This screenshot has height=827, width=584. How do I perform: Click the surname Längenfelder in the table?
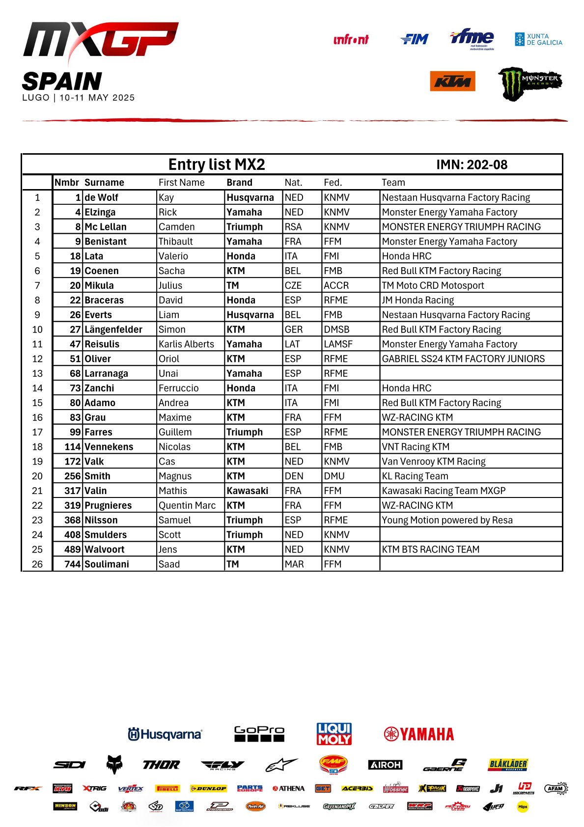(113, 330)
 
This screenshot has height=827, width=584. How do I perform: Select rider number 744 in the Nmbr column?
(72, 564)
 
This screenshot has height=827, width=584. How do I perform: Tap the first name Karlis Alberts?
(186, 344)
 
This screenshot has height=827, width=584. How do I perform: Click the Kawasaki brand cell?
(248, 491)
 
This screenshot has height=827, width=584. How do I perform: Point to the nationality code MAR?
(294, 564)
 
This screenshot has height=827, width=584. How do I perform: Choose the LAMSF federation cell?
(338, 344)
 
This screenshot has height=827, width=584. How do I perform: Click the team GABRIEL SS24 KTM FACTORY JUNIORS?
(463, 359)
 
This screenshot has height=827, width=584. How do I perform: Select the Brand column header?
(239, 183)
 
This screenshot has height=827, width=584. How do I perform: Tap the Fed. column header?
(333, 183)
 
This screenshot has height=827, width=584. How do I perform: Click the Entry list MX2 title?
(217, 165)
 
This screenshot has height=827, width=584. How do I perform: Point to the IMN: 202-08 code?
(472, 165)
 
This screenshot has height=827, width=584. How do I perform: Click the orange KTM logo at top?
(452, 82)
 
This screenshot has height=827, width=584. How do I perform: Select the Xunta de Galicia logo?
(538, 39)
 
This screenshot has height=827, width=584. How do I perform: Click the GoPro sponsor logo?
(259, 734)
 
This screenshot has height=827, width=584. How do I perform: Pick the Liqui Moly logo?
(334, 734)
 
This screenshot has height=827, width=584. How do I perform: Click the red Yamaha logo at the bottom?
(418, 734)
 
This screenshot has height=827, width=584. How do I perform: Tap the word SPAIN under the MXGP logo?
(62, 81)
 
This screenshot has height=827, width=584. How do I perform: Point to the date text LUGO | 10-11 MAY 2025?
(79, 98)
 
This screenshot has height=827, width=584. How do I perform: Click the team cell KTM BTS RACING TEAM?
(430, 550)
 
